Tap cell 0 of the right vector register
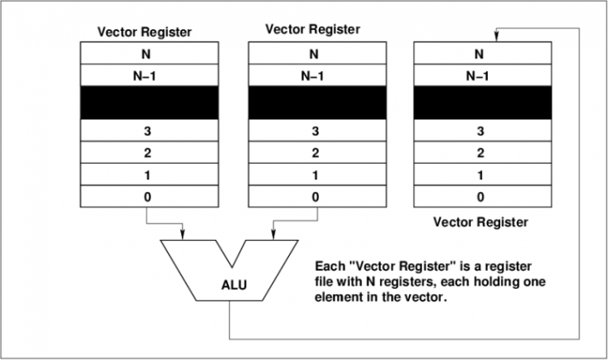pos(479,198)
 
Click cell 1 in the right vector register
pos(479,176)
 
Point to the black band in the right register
pos(479,102)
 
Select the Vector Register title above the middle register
pos(313,29)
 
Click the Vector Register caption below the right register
pos(479,223)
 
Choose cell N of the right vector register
pos(479,55)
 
